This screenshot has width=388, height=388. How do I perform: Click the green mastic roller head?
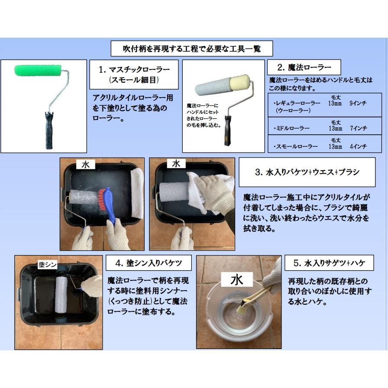pos(38,70)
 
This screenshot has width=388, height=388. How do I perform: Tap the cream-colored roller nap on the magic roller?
pos(239,82)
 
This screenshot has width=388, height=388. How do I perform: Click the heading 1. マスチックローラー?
pos(134,70)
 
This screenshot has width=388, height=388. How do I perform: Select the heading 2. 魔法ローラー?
pos(304,67)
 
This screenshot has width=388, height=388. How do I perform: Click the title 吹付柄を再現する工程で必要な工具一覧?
pos(192,49)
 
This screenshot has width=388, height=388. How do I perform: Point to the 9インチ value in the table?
pos(358,103)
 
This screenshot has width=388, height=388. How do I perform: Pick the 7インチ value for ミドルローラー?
pos(358,128)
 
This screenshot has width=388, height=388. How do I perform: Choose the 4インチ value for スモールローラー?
pos(358,146)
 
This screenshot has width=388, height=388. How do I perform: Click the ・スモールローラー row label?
pos(296,146)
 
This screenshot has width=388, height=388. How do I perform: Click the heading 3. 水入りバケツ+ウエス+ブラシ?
pos(307,172)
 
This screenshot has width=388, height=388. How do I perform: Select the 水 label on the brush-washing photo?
pos(86,165)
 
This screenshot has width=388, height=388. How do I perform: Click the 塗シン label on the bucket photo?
pos(48,265)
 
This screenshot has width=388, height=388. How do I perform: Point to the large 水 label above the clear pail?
pos(237,280)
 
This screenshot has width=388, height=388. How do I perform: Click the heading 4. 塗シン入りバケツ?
pos(149,263)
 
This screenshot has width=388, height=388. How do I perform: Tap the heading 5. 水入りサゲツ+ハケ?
pos(330,263)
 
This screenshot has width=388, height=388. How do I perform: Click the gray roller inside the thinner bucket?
pos(61,295)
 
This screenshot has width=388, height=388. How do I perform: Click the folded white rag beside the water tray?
pos(137,193)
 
